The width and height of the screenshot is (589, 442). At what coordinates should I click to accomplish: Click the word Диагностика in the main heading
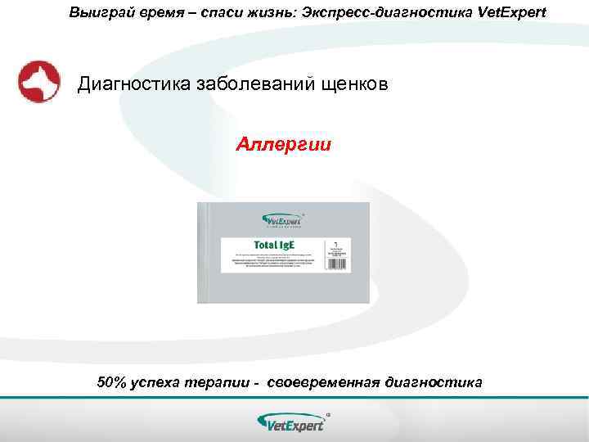point(132,84)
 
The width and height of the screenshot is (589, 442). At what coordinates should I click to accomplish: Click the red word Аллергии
point(284,145)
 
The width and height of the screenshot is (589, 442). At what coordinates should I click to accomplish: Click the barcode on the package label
point(335,256)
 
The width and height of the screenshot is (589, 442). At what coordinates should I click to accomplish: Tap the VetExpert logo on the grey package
point(282,220)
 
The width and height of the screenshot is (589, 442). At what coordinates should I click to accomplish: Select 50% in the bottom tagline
point(110,382)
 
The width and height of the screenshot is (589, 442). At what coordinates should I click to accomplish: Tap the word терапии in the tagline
point(218,382)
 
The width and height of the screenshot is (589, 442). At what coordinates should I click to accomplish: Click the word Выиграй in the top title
point(97,13)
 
